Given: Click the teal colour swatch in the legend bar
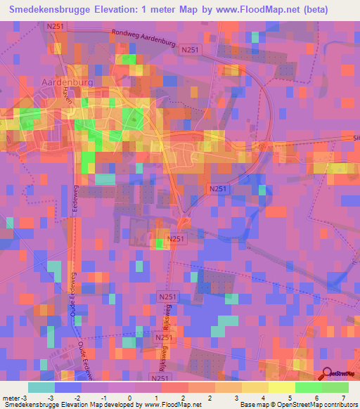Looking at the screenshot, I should [41, 387].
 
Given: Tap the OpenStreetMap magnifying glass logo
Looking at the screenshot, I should [328, 375].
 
